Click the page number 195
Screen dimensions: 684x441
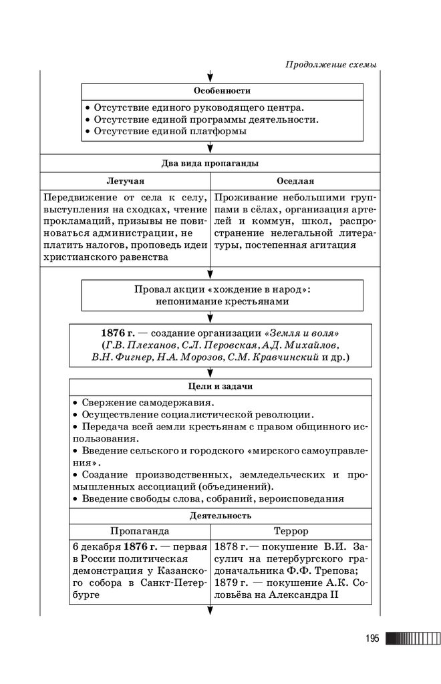click(372, 639)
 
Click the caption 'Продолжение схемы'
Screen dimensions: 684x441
click(331, 65)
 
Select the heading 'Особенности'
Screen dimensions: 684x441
click(222, 91)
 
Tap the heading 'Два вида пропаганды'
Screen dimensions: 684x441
click(210, 163)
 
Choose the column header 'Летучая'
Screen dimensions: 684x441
click(125, 181)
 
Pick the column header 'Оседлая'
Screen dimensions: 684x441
click(295, 181)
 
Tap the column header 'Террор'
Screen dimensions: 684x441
click(291, 531)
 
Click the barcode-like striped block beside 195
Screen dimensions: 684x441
click(412, 639)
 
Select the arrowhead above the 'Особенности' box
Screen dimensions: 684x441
click(210, 76)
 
